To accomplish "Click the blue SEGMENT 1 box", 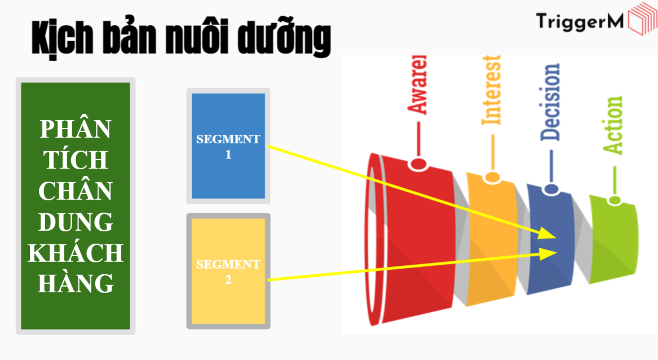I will pyautogui.click(x=228, y=146).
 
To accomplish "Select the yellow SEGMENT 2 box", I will pyautogui.click(x=228, y=271).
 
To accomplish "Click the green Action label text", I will pyautogui.click(x=613, y=125).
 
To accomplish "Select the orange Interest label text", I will pyautogui.click(x=491, y=90).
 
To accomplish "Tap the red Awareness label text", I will pyautogui.click(x=418, y=85).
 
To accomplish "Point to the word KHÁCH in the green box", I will pyautogui.click(x=76, y=253).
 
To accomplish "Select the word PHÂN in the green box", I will pyautogui.click(x=76, y=130).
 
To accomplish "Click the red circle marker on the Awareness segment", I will pyautogui.click(x=418, y=164).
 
